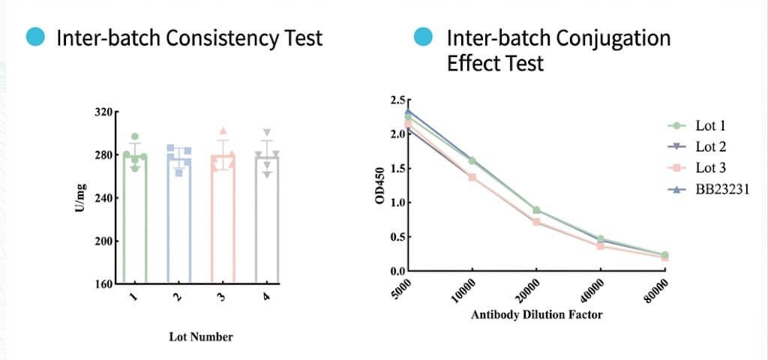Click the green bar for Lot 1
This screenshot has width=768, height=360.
tap(135, 225)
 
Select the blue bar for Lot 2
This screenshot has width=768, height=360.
tap(178, 225)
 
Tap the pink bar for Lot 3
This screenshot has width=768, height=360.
tap(223, 225)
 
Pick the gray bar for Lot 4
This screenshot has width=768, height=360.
tap(267, 225)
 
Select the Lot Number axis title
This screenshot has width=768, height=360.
tap(200, 337)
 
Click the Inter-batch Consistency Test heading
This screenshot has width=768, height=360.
tap(190, 37)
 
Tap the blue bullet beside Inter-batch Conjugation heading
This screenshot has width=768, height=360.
tap(424, 37)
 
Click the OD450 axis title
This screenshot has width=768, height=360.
tap(380, 186)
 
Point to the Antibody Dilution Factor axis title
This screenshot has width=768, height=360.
tap(536, 315)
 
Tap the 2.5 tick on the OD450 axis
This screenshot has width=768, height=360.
tap(397, 100)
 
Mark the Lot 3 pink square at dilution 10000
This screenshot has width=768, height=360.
tap(472, 177)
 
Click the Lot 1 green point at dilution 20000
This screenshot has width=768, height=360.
tap(537, 210)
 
